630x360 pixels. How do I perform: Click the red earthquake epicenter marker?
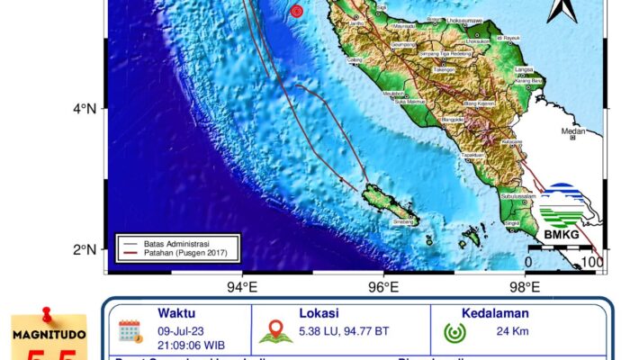point(296,11)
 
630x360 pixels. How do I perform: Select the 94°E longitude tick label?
point(242,287)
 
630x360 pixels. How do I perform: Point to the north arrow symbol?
point(562,10)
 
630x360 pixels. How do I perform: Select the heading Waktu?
point(176,314)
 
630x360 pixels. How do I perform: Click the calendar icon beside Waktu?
point(130,331)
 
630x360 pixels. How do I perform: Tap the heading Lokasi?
point(320,314)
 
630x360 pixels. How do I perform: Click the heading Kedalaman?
point(495,314)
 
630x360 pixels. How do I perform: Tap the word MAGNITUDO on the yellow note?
point(49,335)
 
